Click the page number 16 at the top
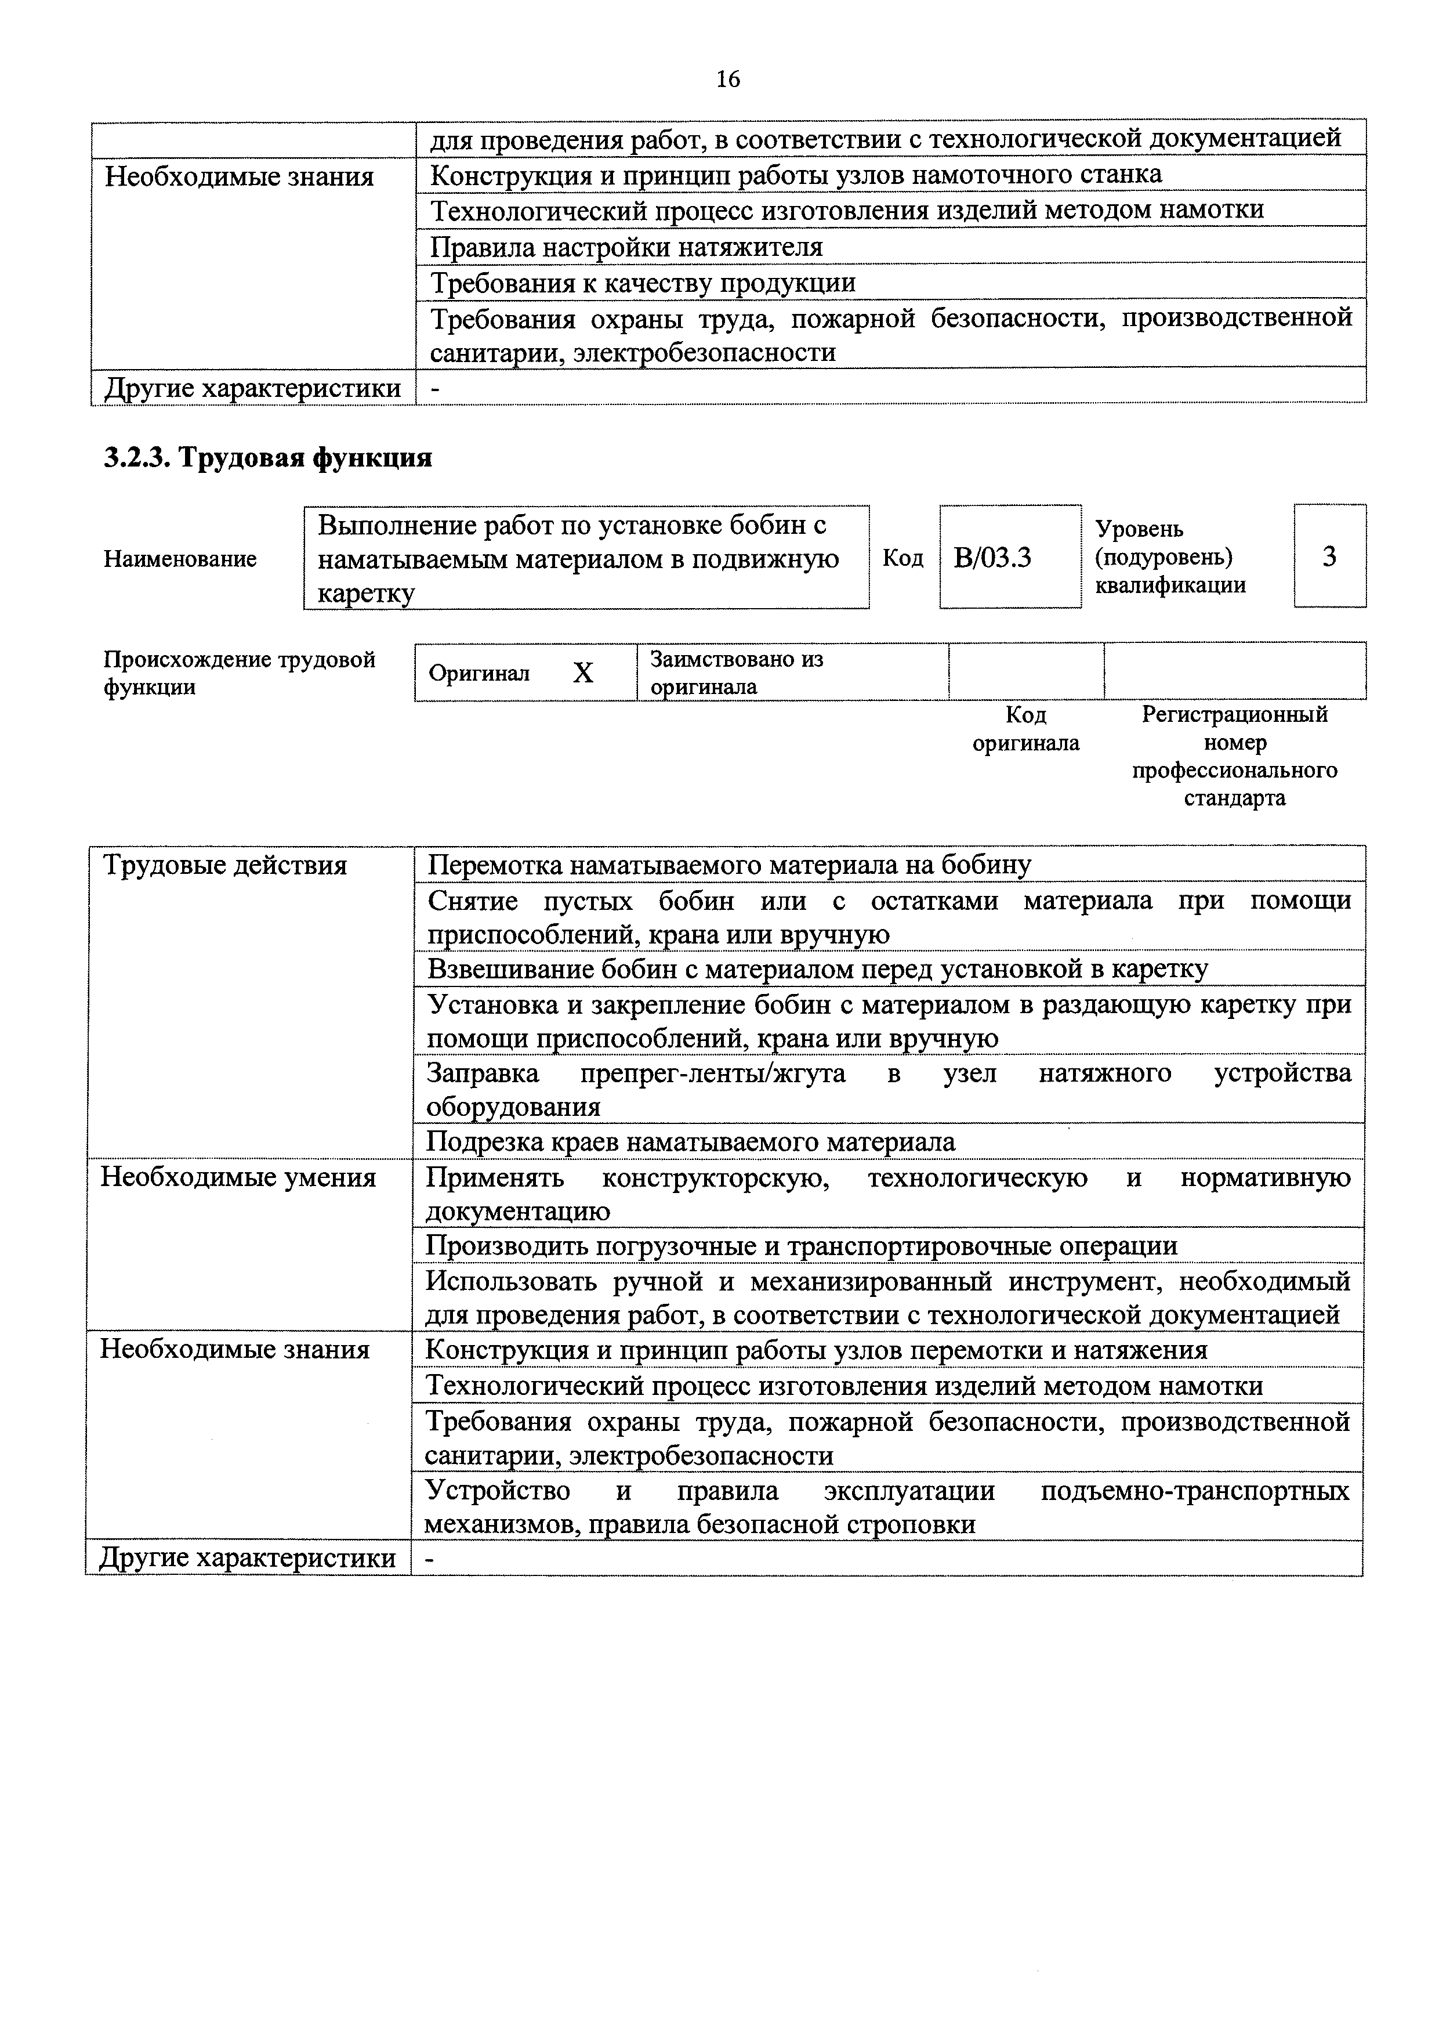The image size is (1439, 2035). pos(727,79)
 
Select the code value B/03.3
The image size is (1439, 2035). pos(992,558)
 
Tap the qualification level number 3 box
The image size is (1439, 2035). pos(1329,556)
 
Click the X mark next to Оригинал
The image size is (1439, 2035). pos(582,674)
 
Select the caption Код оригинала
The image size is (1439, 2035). pos(1026,729)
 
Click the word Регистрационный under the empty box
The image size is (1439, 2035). pos(1234,714)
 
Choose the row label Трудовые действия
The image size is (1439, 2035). pos(225,865)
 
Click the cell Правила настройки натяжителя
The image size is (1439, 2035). pos(626,247)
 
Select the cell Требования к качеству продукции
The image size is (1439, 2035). pos(643,283)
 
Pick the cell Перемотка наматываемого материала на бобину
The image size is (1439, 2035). pos(729,864)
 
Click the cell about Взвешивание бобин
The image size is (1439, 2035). pos(817,968)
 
